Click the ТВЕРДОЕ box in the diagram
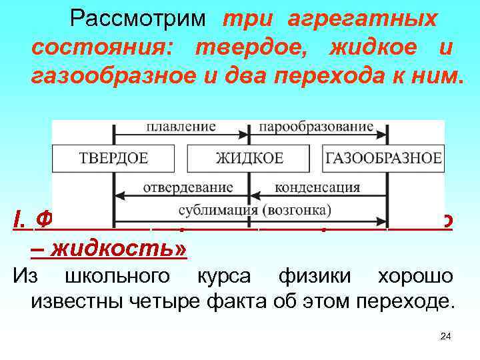pos(114,158)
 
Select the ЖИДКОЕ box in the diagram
pos(249,158)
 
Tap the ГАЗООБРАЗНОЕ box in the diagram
pos(383,158)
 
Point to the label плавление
pos(181,127)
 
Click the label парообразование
pos(316,127)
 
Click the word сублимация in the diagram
pos(219,211)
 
